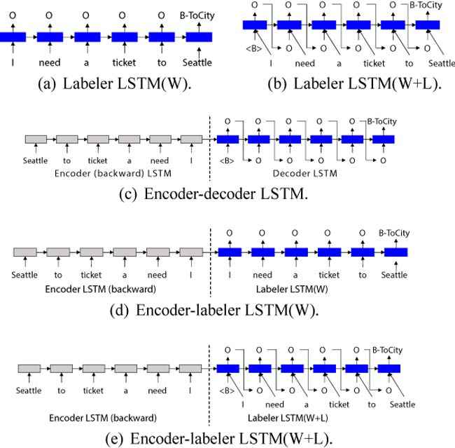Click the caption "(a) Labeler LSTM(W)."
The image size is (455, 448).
(115, 83)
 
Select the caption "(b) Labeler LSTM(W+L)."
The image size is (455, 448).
(355, 83)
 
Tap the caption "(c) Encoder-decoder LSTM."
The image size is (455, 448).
(213, 194)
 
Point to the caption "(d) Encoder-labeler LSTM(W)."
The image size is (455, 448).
(214, 310)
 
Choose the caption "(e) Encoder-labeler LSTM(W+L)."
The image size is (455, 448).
(219, 438)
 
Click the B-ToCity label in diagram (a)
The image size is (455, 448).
(197, 15)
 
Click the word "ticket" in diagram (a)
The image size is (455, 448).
(124, 62)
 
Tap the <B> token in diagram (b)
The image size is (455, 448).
(254, 48)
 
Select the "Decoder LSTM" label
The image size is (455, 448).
(305, 174)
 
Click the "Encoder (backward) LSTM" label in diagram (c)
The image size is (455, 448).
(113, 174)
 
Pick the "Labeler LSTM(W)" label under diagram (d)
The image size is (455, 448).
(292, 290)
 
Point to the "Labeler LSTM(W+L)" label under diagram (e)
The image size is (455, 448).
(288, 418)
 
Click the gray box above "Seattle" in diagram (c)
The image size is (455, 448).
(36, 140)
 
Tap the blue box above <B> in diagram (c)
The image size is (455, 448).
(227, 140)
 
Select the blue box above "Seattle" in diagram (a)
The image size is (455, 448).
(199, 37)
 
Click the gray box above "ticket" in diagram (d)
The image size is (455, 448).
(92, 252)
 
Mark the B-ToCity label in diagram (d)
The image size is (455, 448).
(394, 233)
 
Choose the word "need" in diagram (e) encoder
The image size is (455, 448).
(157, 391)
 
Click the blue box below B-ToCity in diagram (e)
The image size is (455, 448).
(389, 369)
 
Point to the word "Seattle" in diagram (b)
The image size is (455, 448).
(442, 63)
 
